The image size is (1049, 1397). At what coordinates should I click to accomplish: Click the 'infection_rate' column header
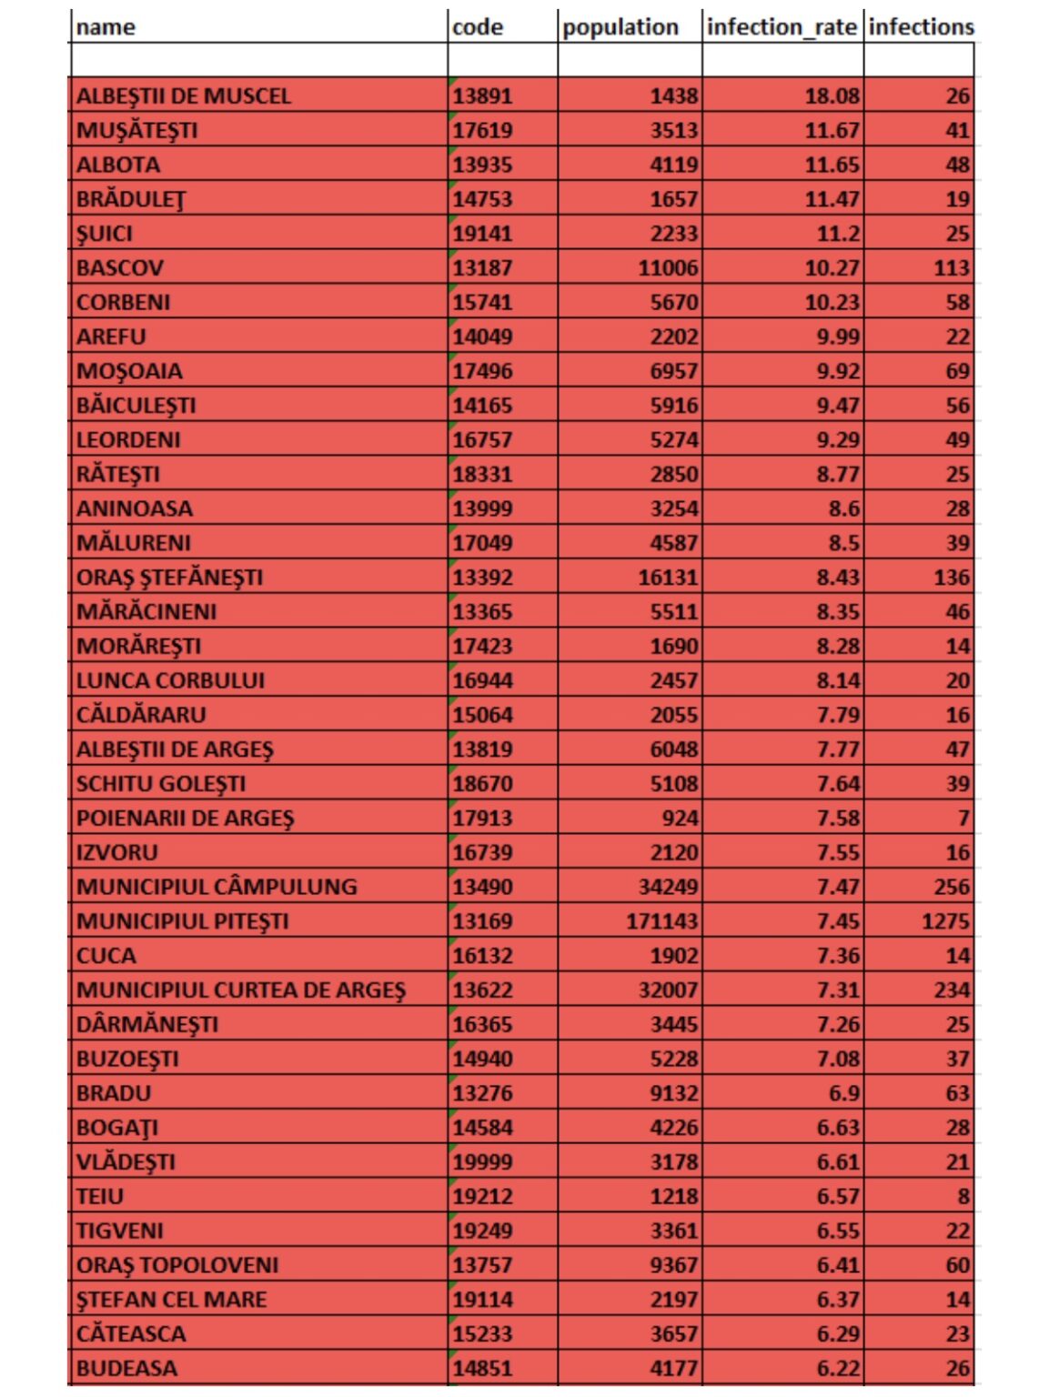781,27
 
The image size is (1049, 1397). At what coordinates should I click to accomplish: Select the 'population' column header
620,27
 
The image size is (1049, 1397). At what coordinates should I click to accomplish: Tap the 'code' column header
478,27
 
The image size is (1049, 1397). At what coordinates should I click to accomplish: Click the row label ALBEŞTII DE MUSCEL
184,95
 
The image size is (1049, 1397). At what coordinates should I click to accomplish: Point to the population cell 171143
661,921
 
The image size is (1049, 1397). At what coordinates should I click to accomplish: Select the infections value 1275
945,921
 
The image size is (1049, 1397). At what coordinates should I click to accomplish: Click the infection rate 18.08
832,95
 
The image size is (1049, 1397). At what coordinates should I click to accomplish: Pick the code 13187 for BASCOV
483,267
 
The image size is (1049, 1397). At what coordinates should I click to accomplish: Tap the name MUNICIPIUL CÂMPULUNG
217,887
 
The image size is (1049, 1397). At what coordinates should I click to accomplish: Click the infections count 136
952,577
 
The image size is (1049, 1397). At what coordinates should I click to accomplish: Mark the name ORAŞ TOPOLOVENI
177,1265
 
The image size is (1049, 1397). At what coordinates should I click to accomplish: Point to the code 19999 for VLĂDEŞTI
483,1161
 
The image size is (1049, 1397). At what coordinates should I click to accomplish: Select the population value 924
680,818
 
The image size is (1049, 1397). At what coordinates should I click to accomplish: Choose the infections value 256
952,887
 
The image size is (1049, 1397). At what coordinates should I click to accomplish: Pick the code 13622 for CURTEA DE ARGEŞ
483,990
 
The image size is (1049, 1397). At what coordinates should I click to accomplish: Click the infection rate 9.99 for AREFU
837,337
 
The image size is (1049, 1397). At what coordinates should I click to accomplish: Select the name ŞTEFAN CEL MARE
172,1300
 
